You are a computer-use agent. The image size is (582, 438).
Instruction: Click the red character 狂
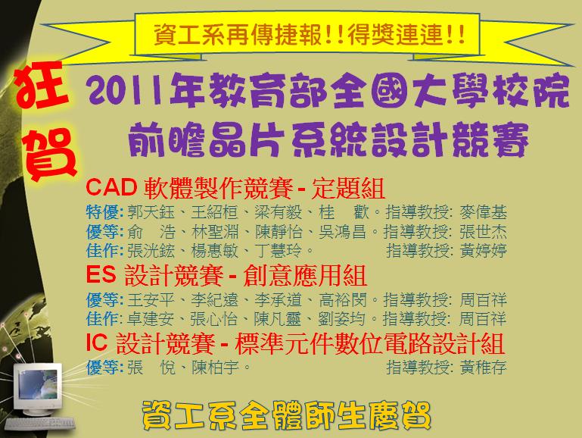pyautogui.click(x=42, y=86)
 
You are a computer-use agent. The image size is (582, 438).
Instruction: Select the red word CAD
pyautogui.click(x=111, y=187)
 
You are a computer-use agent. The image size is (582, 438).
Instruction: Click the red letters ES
pyautogui.click(x=101, y=274)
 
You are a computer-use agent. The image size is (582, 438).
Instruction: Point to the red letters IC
pyautogui.click(x=97, y=342)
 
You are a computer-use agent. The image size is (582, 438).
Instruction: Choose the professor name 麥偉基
pyautogui.click(x=483, y=212)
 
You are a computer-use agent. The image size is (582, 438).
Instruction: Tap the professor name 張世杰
pyautogui.click(x=483, y=231)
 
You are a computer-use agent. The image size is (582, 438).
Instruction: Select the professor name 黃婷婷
pyautogui.click(x=483, y=250)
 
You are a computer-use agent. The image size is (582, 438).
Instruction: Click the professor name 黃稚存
pyautogui.click(x=483, y=368)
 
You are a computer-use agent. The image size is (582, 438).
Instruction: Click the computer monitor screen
pyautogui.click(x=39, y=385)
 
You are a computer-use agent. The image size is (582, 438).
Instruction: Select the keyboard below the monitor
pyautogui.click(x=39, y=424)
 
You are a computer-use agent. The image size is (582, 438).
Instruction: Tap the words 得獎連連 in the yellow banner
pyautogui.click(x=395, y=35)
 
